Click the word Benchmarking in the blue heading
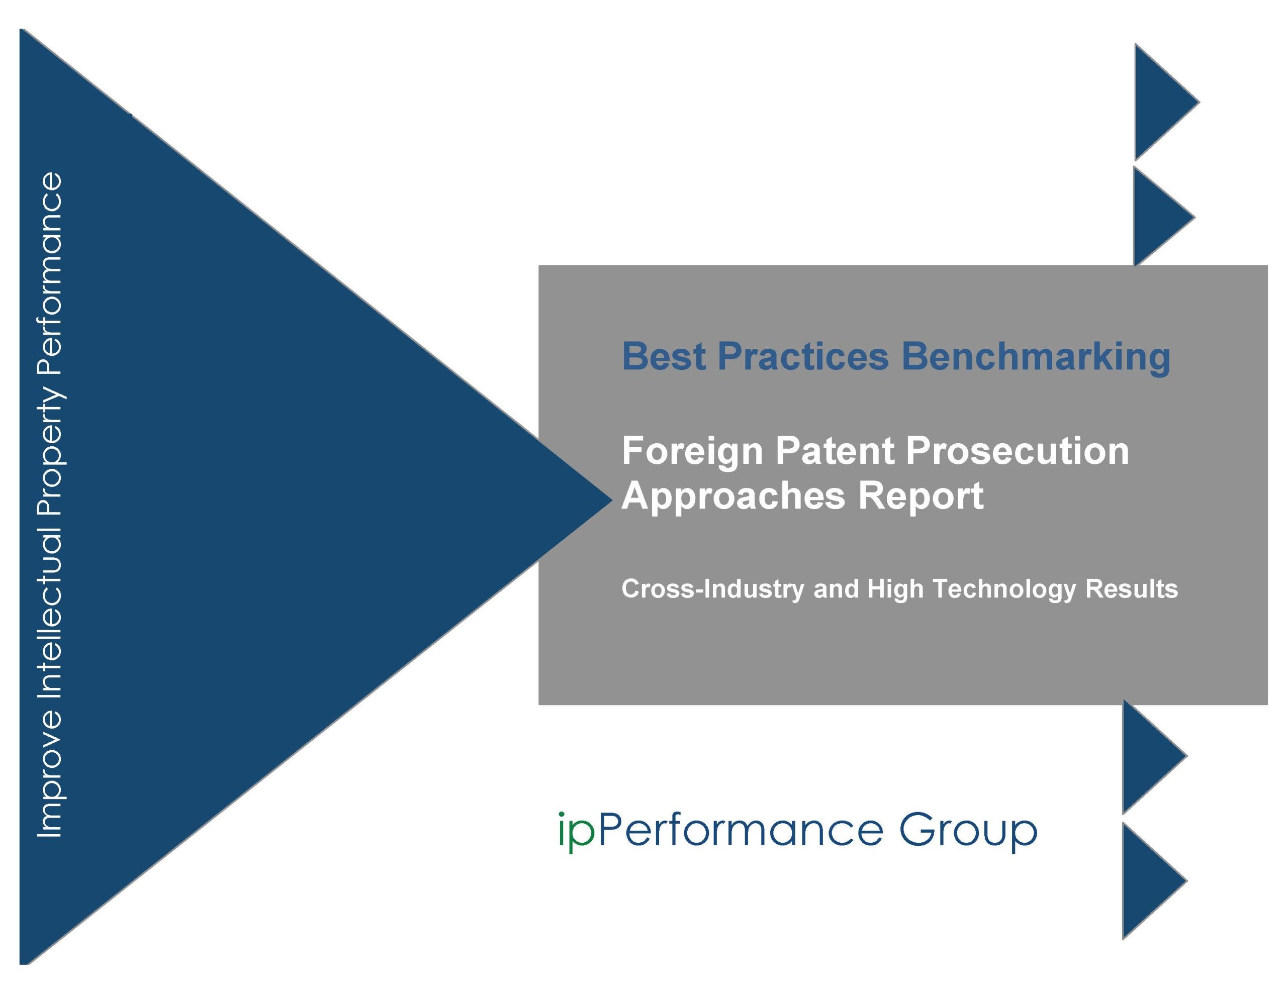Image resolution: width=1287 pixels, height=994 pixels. click(1035, 357)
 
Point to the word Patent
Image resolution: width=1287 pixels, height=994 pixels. click(835, 451)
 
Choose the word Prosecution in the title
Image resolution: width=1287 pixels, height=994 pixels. click(1018, 451)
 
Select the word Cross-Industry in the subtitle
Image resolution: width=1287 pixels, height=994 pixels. click(712, 589)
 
